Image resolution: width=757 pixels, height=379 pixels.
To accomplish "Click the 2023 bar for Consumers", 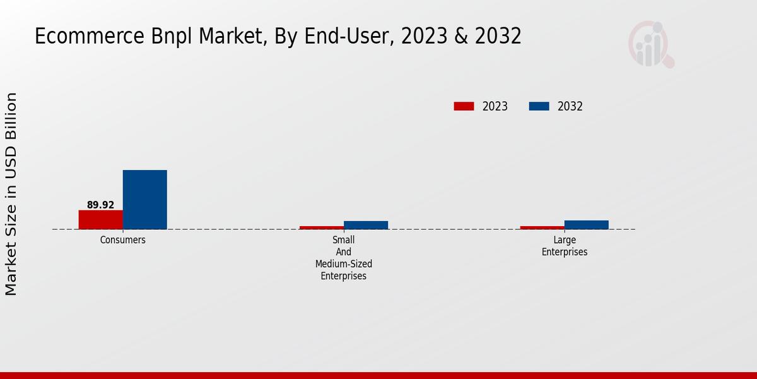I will (x=100, y=219).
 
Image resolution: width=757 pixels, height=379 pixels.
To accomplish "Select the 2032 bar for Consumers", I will (x=144, y=200).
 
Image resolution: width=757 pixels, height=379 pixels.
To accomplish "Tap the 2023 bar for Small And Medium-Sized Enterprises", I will (x=321, y=227).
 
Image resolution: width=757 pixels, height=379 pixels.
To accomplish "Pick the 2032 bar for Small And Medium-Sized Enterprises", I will (x=365, y=225).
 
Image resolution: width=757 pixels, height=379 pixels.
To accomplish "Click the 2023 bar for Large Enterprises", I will (x=542, y=227).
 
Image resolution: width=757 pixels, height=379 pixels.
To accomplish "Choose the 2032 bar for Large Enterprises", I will (x=586, y=224).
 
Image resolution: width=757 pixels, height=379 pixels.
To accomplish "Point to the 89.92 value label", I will (x=100, y=205).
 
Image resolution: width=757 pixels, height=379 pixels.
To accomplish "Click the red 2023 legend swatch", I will (x=464, y=106).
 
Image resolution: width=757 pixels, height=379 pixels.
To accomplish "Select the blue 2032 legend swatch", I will (x=539, y=106).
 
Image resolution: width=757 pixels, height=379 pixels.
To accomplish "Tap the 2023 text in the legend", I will (x=495, y=106).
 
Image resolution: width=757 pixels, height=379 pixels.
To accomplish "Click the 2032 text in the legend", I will (x=570, y=106).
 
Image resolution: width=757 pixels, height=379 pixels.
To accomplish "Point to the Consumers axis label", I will (x=122, y=240).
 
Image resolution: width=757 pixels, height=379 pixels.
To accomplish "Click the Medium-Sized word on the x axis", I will (x=343, y=264).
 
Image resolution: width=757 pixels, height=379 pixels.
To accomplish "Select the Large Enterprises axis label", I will (x=564, y=246).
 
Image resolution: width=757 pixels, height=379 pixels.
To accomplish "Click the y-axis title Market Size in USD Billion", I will (x=11, y=194).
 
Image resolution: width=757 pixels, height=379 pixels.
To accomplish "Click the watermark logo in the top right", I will (x=650, y=44).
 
